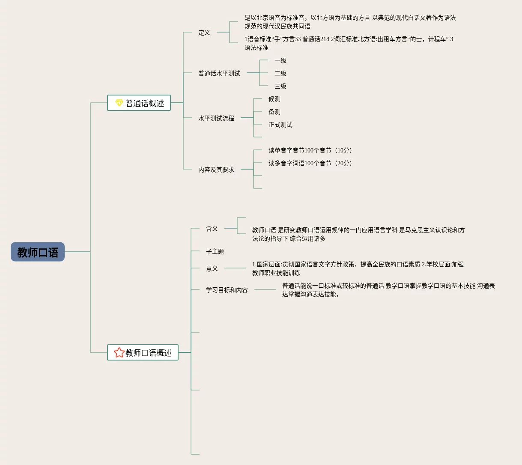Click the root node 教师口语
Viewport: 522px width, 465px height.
tap(38, 252)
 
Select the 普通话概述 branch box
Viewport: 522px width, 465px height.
tap(139, 103)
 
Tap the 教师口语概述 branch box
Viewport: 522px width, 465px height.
tap(143, 353)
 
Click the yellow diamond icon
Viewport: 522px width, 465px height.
tap(119, 103)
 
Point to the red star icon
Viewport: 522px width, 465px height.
tap(119, 352)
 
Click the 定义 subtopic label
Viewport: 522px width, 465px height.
tap(204, 33)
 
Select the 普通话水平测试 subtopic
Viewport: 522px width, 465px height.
tap(219, 73)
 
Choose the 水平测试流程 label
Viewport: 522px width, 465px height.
tap(216, 118)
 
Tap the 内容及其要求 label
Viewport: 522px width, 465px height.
tap(216, 170)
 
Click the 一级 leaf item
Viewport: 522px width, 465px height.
tap(280, 60)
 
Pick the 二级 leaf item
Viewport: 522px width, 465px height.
tap(280, 73)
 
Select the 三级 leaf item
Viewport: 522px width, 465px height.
tap(280, 86)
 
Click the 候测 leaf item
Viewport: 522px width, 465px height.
tap(274, 99)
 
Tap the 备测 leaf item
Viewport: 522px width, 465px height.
tap(274, 112)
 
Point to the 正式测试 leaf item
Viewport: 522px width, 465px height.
tap(280, 125)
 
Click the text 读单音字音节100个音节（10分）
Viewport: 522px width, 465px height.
tap(310, 150)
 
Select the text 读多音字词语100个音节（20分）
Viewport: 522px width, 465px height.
tap(310, 163)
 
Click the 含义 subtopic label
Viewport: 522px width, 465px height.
tap(212, 229)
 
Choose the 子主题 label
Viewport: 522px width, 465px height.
tap(215, 251)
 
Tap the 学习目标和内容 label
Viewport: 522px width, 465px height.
tap(227, 290)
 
